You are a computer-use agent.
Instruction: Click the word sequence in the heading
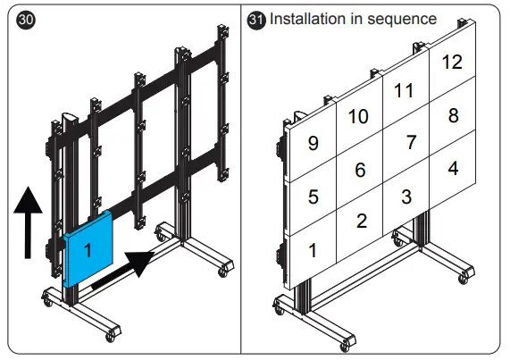coord(402,19)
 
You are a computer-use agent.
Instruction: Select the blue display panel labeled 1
coord(89,249)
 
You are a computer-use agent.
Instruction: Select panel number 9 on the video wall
coord(312,143)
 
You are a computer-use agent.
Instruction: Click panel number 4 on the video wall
coord(453,167)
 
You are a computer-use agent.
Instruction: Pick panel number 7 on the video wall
coord(409,142)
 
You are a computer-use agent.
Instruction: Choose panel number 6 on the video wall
coord(360,169)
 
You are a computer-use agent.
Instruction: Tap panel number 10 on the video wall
coord(358,116)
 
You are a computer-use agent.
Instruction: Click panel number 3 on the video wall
coord(406,195)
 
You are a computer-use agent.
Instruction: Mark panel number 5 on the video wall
coord(312,197)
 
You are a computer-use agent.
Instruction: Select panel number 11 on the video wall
coord(405,90)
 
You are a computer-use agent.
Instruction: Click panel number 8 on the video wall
coord(453,115)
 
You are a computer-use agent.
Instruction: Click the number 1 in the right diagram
coord(312,250)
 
